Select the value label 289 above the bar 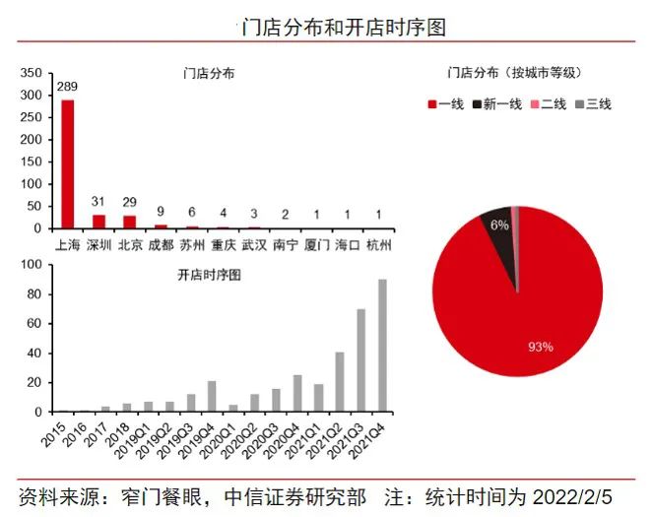coord(67,87)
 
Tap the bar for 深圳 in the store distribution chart coord(98,222)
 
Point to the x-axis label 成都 coord(161,243)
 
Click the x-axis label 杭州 coord(377,243)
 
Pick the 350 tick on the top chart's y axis coord(32,73)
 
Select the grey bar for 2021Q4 coord(382,345)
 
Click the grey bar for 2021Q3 coord(360,359)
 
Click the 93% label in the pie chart coord(541,347)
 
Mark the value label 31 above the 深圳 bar coord(98,202)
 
